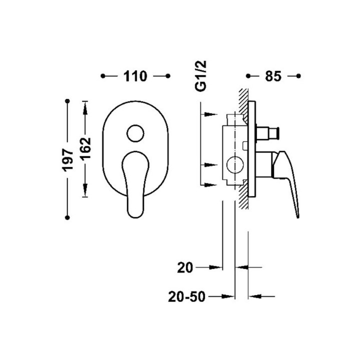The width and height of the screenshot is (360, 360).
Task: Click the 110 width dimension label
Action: click(x=135, y=76)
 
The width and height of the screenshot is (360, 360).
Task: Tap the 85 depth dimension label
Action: click(x=273, y=76)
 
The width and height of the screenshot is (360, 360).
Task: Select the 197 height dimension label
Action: click(x=67, y=160)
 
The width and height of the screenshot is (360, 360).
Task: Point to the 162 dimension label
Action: click(x=85, y=148)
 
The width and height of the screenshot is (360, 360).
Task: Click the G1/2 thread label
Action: click(x=200, y=76)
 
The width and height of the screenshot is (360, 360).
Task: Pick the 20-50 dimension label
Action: click(x=186, y=296)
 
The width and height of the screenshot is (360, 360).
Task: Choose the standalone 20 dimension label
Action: click(x=185, y=267)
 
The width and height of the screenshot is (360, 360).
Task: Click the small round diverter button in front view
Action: click(x=135, y=133)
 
